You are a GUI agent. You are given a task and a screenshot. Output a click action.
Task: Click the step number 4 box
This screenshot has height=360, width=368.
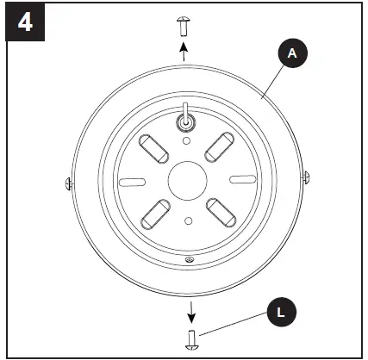tap(25, 22)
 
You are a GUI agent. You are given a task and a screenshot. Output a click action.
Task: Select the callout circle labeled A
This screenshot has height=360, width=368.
tap(291, 53)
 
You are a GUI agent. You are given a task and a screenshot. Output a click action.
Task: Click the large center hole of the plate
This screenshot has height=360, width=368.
tap(185, 180)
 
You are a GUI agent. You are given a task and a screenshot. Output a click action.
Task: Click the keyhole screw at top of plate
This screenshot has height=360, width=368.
tap(185, 121)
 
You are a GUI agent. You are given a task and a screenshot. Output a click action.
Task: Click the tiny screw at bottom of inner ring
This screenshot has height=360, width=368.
tap(189, 259)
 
